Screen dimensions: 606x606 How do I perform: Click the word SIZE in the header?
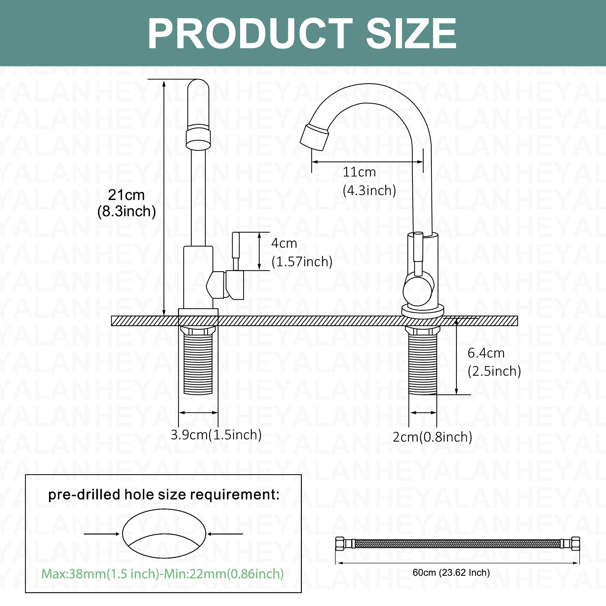click(411, 33)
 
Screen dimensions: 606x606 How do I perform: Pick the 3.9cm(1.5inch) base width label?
click(216, 434)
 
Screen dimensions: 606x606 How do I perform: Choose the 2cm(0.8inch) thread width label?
click(432, 437)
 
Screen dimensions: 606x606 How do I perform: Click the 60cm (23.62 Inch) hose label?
click(451, 572)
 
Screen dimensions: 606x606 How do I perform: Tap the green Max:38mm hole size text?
click(162, 573)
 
